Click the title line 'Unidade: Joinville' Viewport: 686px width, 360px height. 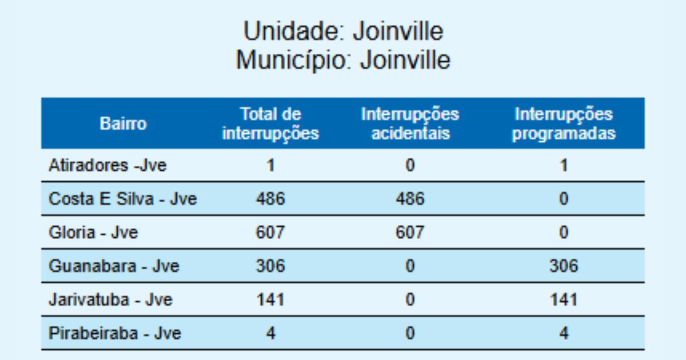343,31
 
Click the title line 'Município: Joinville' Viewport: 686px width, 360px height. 343,60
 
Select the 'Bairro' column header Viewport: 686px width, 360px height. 123,123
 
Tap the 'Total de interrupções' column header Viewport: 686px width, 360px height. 270,123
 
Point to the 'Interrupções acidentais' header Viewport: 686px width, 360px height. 410,123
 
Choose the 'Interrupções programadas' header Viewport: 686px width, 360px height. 564,123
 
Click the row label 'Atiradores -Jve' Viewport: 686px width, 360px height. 107,166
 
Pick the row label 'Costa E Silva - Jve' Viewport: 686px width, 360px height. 123,199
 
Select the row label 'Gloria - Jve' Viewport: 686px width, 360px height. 93,233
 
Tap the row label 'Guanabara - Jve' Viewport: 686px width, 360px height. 114,266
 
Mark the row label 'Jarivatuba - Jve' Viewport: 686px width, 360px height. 110,299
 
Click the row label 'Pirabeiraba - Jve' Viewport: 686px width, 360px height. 115,333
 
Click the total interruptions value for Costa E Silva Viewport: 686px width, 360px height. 270,199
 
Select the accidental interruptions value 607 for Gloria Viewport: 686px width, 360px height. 410,233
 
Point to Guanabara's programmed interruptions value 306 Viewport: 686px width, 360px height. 564,266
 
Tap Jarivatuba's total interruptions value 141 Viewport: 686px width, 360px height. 270,299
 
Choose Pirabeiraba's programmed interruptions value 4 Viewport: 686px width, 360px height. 564,333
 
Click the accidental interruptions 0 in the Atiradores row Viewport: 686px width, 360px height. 410,166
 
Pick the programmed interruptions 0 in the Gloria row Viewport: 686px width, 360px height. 564,233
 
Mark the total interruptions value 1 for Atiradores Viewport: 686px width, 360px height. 270,166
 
